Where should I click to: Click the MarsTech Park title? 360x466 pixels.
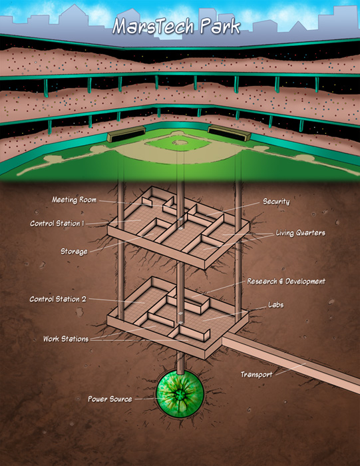(x=176, y=27)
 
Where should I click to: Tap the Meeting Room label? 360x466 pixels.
(x=75, y=200)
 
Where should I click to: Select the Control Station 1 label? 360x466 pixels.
(x=57, y=223)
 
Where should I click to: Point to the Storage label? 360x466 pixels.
(x=74, y=252)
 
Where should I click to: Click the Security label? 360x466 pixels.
(x=276, y=202)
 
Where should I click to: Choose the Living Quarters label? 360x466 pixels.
(x=300, y=233)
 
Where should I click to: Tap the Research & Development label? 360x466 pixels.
(x=286, y=281)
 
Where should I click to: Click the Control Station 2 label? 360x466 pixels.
(x=58, y=299)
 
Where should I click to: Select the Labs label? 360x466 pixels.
(x=275, y=305)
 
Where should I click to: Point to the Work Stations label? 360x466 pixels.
(x=66, y=339)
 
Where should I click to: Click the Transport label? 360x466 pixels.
(x=256, y=374)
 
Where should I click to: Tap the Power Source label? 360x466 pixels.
(x=110, y=399)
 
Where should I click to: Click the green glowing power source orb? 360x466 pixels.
(x=180, y=394)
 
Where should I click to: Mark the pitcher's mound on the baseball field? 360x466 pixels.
(x=180, y=142)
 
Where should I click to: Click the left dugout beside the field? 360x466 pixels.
(x=126, y=133)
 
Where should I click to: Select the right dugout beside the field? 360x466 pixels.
(x=230, y=133)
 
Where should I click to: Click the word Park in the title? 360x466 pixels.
(x=220, y=27)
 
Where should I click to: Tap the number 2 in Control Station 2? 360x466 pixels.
(x=84, y=299)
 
